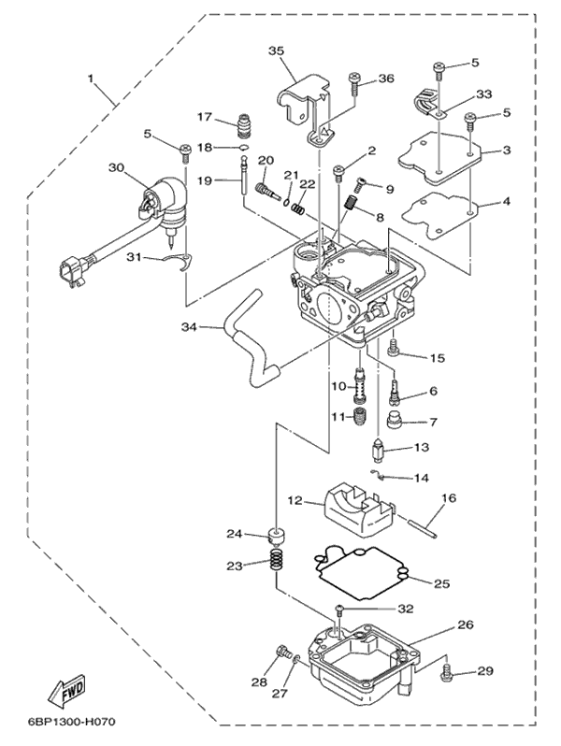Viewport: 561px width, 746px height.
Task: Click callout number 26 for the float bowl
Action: [x=466, y=624]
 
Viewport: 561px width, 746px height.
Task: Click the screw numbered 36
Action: [x=354, y=84]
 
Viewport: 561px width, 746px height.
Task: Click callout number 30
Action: [x=115, y=168]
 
